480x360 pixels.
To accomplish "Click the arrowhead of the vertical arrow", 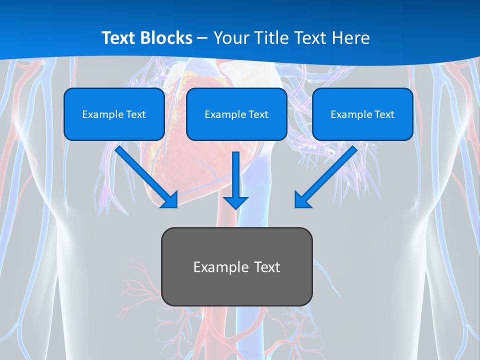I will [x=235, y=202].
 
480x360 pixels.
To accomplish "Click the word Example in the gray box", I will [x=217, y=267].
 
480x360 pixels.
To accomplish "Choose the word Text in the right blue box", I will [x=384, y=114].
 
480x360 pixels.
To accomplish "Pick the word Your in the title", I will [x=229, y=38].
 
